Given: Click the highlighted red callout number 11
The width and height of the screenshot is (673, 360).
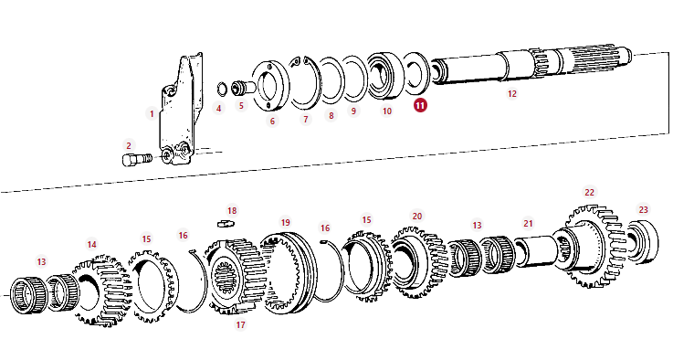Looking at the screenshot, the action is click(420, 105).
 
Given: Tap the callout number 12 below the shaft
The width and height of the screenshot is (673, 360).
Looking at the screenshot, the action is click(512, 93).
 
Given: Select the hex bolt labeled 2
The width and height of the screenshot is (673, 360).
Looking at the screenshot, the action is click(137, 159).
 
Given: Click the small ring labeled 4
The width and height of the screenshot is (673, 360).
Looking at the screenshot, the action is click(222, 89).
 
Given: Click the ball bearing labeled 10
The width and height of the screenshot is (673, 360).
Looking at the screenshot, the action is click(304, 82).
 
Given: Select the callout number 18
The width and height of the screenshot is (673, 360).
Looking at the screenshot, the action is click(232, 210).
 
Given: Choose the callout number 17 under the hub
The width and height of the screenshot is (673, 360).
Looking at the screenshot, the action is click(240, 324).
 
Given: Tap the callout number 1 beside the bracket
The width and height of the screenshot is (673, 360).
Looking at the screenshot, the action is click(152, 114).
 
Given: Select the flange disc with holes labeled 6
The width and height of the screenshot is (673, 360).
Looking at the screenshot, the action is click(270, 86).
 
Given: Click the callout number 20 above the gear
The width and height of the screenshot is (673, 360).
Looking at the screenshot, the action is click(417, 216).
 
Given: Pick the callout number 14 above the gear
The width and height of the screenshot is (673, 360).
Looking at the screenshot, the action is click(92, 245).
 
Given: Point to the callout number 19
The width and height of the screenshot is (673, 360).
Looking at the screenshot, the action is click(286, 222).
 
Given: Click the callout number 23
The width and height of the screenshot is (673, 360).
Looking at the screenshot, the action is click(643, 209).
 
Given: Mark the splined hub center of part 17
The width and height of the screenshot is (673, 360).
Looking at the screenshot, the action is click(225, 275).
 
